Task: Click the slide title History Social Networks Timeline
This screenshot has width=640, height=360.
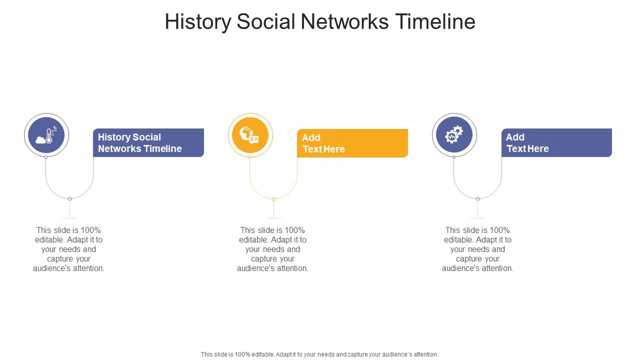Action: (320, 22)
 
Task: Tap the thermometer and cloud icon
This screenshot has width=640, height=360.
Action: (46, 135)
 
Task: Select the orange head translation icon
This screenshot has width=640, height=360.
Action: (250, 135)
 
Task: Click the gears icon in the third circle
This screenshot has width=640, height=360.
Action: (454, 135)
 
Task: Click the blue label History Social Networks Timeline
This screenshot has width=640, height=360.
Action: (148, 143)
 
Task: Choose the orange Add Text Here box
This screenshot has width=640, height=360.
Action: (352, 143)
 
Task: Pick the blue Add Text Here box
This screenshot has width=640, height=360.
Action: (556, 143)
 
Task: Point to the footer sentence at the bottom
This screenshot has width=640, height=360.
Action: (319, 354)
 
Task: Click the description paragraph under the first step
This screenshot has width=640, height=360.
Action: (69, 249)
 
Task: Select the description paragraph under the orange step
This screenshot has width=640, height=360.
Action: (273, 249)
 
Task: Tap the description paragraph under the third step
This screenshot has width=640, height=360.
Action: (477, 249)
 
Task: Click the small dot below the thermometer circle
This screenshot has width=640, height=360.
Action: (46, 157)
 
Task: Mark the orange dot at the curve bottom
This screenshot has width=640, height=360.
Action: (273, 199)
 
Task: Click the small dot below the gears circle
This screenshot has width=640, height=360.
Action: (454, 157)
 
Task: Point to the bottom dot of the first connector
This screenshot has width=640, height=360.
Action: (69, 199)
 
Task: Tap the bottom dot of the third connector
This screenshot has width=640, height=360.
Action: (477, 199)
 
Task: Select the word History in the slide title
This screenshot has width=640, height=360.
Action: (197, 22)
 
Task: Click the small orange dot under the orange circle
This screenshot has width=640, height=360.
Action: (250, 157)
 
